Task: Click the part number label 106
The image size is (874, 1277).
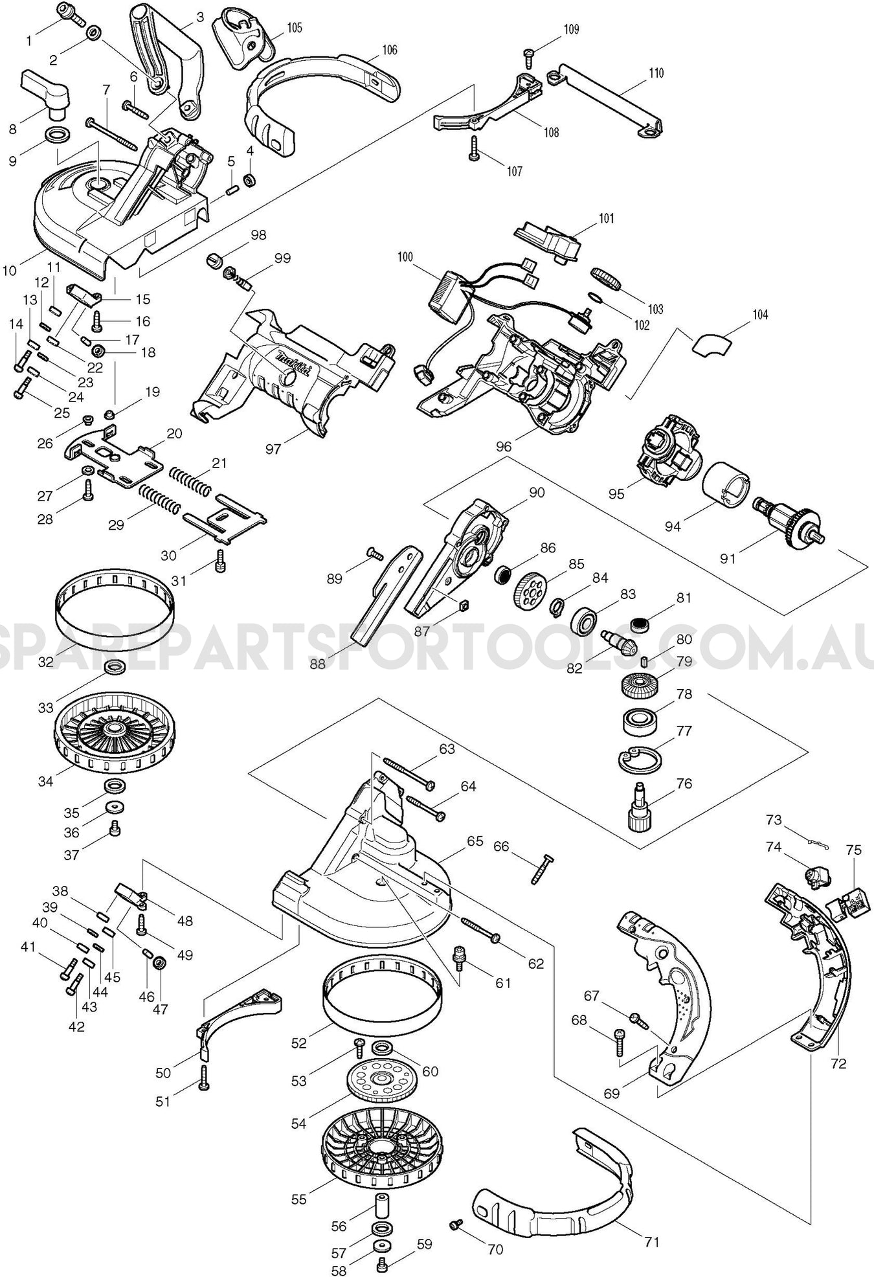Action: (x=390, y=50)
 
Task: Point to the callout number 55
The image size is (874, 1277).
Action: (x=298, y=1199)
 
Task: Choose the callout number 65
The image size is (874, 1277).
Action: (x=475, y=841)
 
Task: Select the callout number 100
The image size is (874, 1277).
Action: (x=405, y=257)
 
